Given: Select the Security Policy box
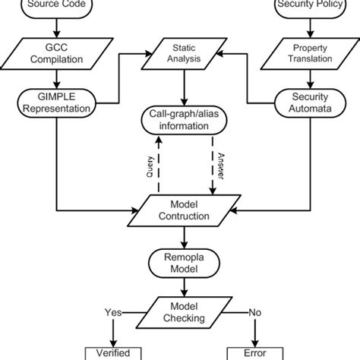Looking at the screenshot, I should click(x=308, y=7).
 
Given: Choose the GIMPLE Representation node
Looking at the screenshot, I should click(x=55, y=103).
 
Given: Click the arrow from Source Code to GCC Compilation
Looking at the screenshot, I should click(x=55, y=30).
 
